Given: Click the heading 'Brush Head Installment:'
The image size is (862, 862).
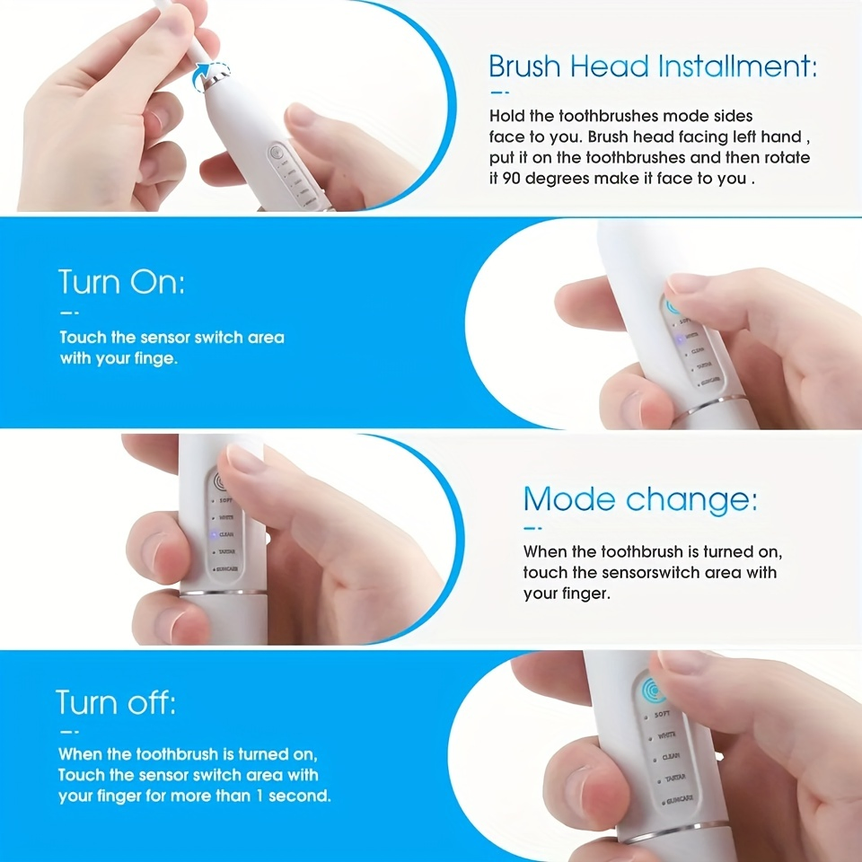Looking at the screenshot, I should point(653,66).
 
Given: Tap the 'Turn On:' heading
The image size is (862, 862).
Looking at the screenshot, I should point(122,282).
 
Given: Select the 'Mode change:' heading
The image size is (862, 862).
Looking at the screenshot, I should point(639,499).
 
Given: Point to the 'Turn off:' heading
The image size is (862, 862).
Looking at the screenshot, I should point(116,701).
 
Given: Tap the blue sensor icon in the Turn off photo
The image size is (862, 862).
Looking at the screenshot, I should point(654,690).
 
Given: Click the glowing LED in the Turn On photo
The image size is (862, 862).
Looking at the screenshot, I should point(670,338).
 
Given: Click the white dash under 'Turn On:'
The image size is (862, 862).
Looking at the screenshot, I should point(69,312).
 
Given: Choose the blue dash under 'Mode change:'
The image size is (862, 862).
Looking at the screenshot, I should point(533,529).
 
